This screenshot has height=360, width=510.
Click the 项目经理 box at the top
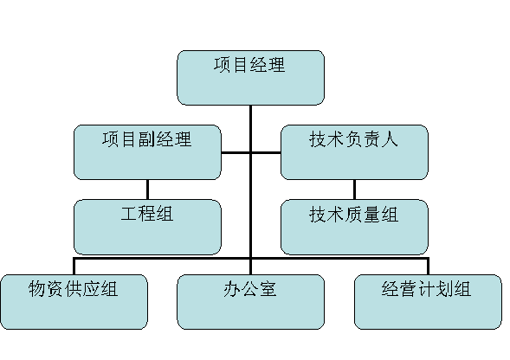(x=250, y=78)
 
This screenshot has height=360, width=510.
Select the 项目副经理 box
(x=147, y=152)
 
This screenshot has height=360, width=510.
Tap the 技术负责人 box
(x=354, y=152)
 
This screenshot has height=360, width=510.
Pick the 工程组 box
(x=147, y=227)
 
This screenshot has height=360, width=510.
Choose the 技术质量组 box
(x=354, y=227)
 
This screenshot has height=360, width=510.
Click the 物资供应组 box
(x=74, y=302)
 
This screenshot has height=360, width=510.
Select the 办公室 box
(x=250, y=302)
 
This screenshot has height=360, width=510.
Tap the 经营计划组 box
(x=428, y=302)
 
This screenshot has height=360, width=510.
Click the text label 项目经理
(x=249, y=65)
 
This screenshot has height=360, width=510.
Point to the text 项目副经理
(x=147, y=139)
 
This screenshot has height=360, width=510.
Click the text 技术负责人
(x=353, y=139)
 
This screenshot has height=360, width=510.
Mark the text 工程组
(x=147, y=214)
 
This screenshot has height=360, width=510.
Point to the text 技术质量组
(x=353, y=214)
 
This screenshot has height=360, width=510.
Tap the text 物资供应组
(x=74, y=289)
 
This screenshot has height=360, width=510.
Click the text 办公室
(x=249, y=289)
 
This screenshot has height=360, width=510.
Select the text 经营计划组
(x=426, y=289)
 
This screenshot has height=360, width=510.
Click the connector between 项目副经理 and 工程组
(x=148, y=190)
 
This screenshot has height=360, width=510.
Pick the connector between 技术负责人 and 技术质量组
(x=354, y=190)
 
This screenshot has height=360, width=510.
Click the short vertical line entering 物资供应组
(x=74, y=267)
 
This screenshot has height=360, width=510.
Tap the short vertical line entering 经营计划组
(x=428, y=267)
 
